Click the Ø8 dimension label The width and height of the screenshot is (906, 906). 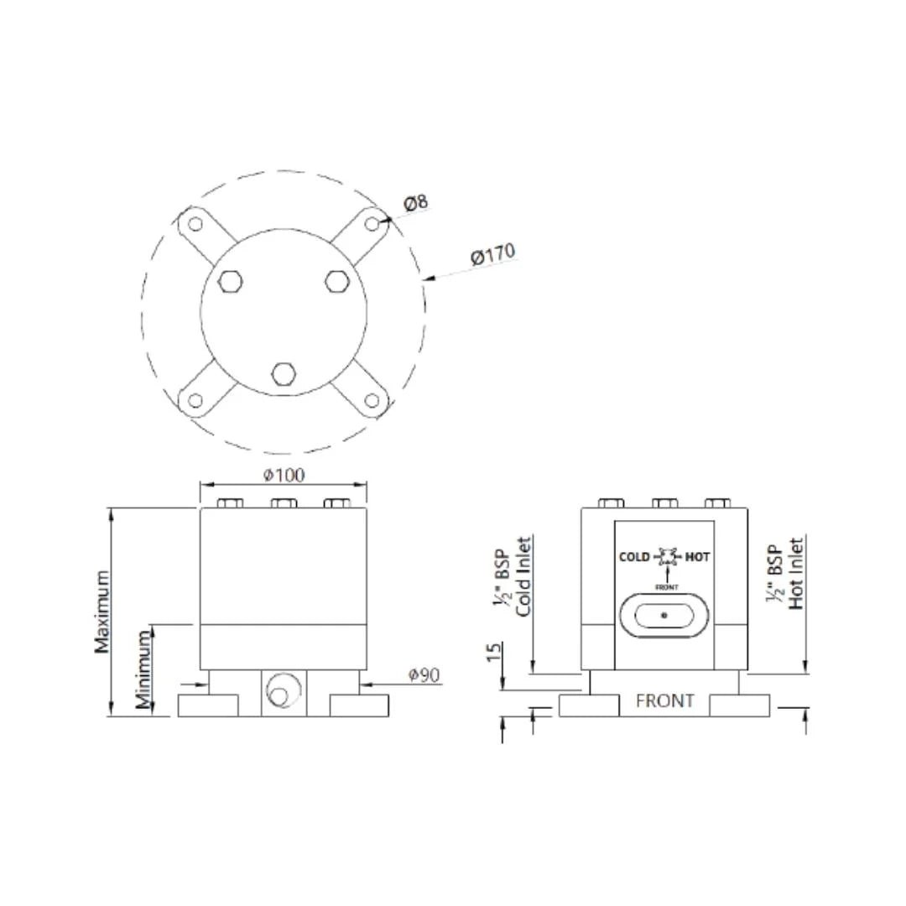(415, 203)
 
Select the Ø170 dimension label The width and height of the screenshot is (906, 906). (492, 254)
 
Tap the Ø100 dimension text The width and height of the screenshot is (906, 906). (284, 475)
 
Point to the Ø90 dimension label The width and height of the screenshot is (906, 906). (424, 674)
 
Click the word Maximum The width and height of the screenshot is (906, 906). (102, 612)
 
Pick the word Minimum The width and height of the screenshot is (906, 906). (143, 669)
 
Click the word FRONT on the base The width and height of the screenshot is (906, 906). (664, 700)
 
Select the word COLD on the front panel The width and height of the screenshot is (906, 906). (634, 557)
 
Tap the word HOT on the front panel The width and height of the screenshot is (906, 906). (697, 557)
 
